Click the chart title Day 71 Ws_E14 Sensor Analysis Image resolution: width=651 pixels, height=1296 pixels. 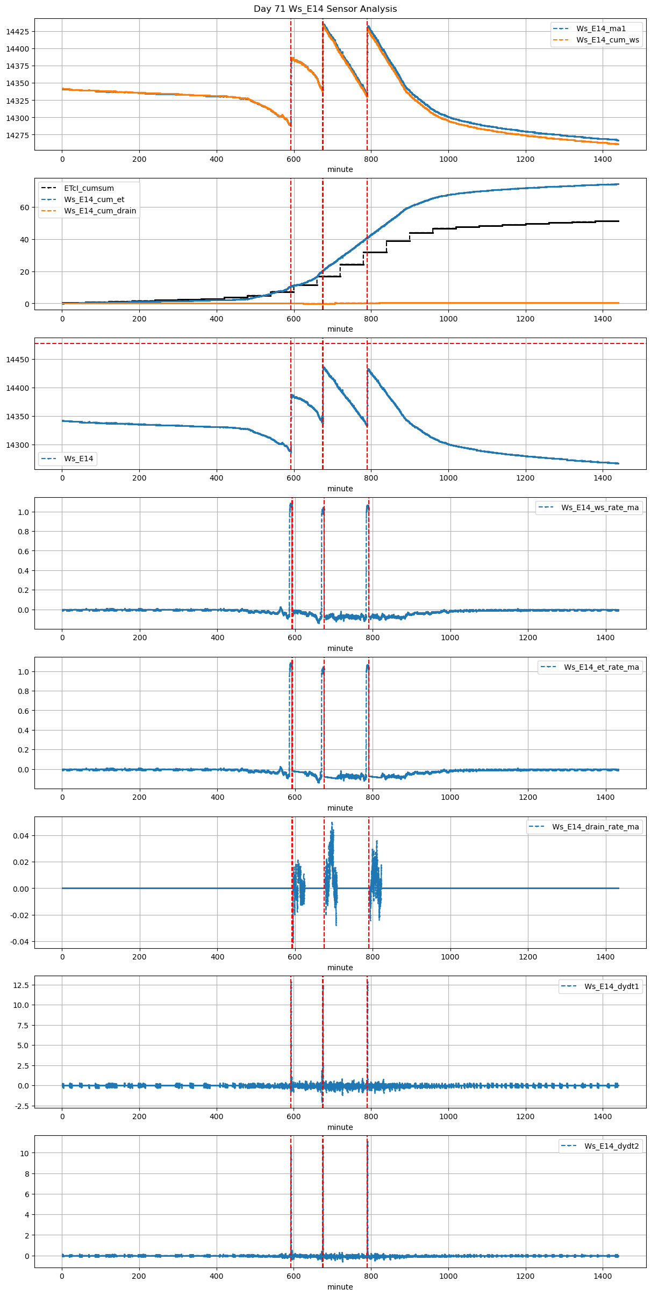click(325, 9)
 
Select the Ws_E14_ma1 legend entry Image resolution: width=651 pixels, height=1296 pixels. click(600, 28)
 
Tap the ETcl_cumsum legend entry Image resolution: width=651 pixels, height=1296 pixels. click(89, 188)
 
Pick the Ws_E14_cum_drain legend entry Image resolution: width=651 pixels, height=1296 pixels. click(100, 211)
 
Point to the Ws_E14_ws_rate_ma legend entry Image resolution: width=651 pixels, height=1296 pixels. click(600, 507)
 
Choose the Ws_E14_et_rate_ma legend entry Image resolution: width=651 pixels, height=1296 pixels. click(601, 667)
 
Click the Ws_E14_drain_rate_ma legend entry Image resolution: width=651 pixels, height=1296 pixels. click(595, 827)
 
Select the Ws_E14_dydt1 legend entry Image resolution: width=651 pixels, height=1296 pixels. click(612, 986)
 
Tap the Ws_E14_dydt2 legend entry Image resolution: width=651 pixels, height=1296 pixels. click(612, 1146)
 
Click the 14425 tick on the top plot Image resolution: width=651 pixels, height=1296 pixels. click(17, 32)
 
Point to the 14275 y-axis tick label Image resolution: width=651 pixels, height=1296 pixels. click(17, 135)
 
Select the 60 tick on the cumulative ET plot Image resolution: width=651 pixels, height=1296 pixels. click(25, 207)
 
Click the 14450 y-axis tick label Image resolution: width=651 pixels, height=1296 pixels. click(17, 360)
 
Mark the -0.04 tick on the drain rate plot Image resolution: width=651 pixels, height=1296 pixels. click(19, 942)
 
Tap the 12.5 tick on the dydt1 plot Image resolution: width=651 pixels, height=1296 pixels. click(22, 985)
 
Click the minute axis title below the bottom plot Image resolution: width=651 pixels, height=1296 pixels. click(340, 1287)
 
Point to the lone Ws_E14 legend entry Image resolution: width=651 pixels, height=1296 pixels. click(78, 459)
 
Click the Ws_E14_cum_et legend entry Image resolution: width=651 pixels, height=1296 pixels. click(94, 199)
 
